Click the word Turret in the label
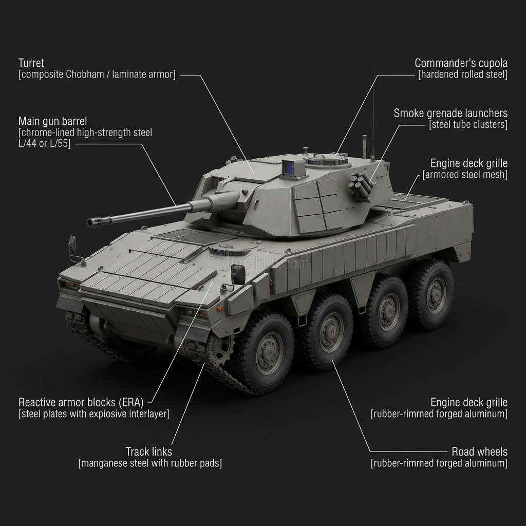click(x=31, y=63)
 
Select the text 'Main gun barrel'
click(x=53, y=121)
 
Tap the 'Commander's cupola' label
click(x=461, y=63)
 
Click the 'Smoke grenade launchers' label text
click(x=450, y=113)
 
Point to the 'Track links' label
click(x=148, y=452)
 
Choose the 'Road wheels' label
click(x=479, y=452)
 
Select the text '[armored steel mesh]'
click(x=464, y=175)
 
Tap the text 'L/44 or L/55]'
click(x=45, y=144)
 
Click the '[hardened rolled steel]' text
click(x=463, y=74)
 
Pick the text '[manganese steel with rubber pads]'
click(x=150, y=463)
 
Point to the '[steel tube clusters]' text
click(x=468, y=124)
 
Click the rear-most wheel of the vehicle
click(x=433, y=294)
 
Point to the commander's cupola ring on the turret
click(x=328, y=160)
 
